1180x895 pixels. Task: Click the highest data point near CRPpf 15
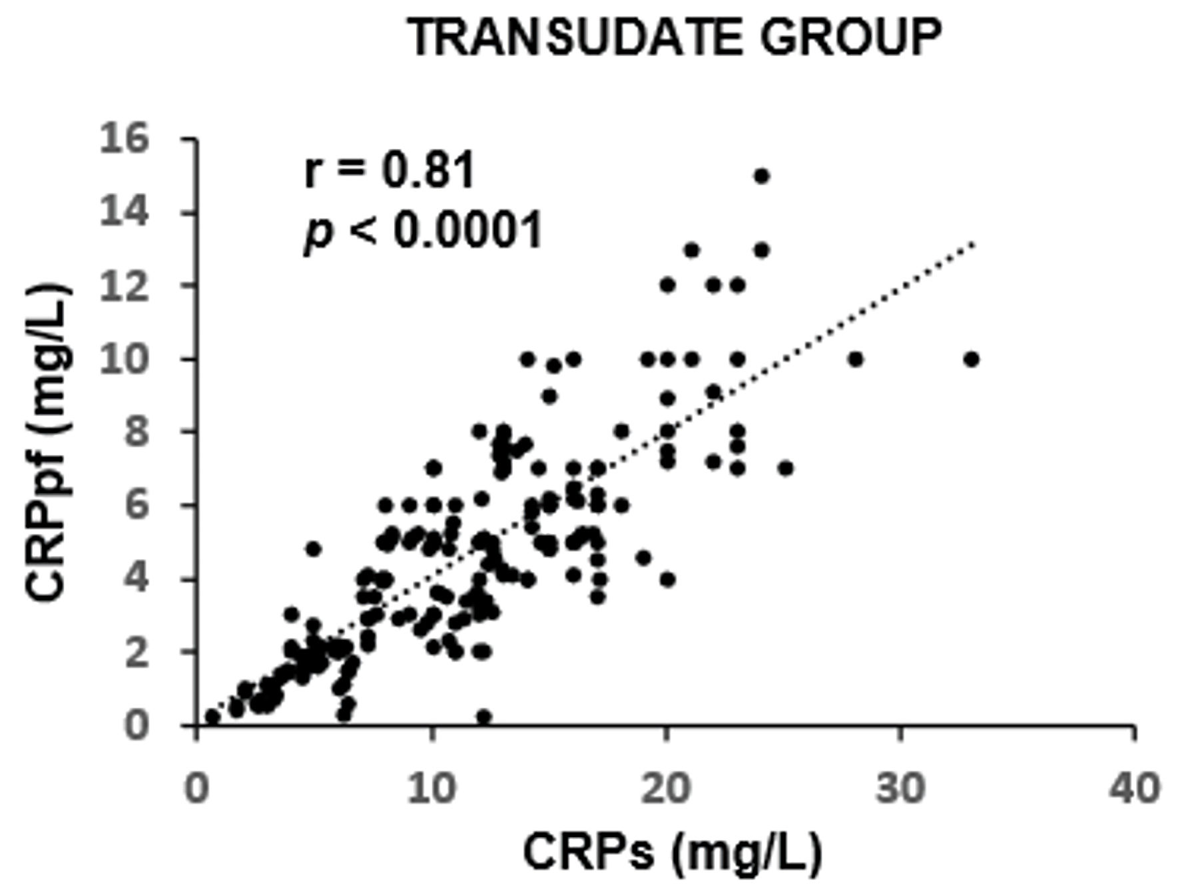761,176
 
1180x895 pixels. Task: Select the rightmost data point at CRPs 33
972,359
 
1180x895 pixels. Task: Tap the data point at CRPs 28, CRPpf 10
856,359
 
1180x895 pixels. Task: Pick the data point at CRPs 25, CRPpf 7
786,468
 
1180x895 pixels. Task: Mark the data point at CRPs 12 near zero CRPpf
483,717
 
